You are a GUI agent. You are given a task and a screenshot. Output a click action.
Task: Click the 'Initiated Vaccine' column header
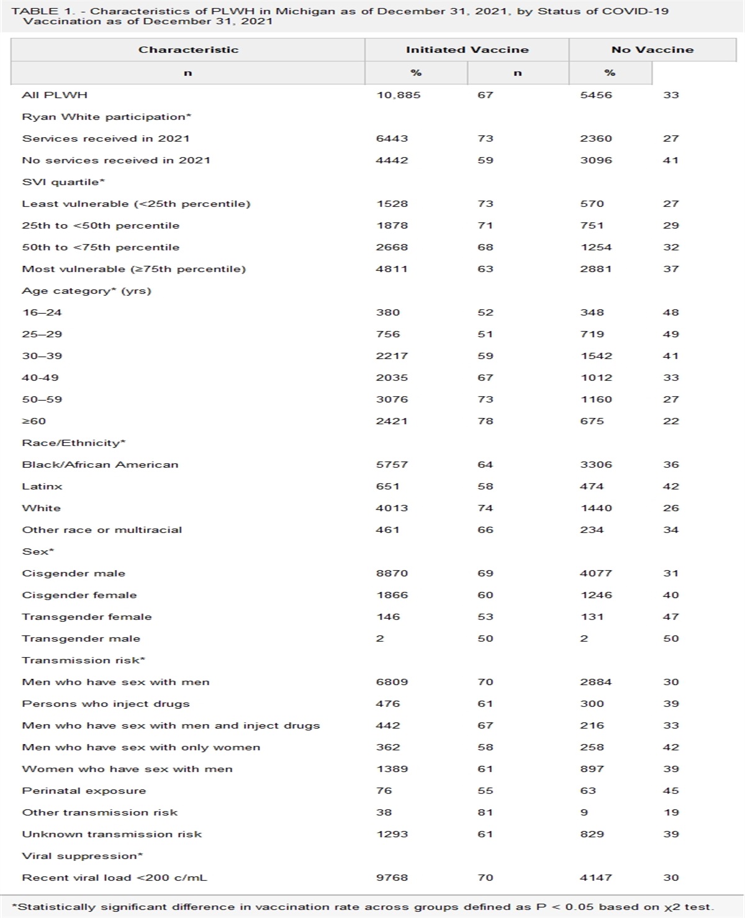point(467,50)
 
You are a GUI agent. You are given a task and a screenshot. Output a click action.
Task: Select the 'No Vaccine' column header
point(652,50)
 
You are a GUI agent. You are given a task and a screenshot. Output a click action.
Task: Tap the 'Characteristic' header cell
point(188,50)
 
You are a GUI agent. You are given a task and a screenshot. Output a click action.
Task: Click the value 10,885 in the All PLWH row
point(399,95)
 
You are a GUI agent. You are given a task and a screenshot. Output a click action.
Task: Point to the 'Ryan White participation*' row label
point(106,117)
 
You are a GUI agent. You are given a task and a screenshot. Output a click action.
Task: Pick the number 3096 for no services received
point(596,160)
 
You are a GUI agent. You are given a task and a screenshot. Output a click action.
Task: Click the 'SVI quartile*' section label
point(63,182)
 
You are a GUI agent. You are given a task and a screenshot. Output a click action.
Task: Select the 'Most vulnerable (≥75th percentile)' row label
point(133,269)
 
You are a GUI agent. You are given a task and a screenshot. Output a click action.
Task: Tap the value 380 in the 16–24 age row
point(388,312)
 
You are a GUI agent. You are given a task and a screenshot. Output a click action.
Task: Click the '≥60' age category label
point(34,421)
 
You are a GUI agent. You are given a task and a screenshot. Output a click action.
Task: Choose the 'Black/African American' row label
point(100,465)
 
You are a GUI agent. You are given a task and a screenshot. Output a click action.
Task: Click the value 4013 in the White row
point(392,508)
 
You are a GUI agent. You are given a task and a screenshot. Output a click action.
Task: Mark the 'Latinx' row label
point(42,486)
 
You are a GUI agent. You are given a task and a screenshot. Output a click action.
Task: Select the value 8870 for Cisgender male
point(392,573)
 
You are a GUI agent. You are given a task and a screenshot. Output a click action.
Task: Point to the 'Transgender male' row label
point(81,639)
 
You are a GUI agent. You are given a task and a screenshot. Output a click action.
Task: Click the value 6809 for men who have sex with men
point(392,682)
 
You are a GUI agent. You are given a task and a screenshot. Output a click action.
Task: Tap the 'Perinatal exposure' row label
point(84,791)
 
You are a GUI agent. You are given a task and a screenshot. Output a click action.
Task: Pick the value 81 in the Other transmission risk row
point(485,812)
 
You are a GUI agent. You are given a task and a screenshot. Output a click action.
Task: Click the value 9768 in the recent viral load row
point(392,878)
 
